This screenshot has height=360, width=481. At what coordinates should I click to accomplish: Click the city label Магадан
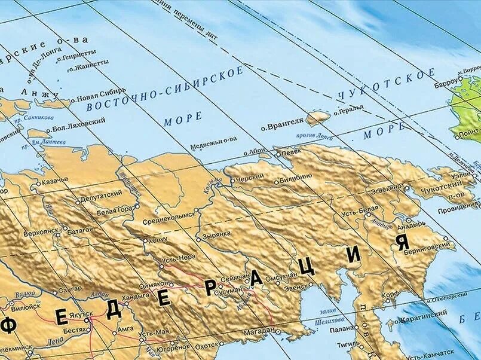[258, 330]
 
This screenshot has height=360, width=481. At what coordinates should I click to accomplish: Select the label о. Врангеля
[281, 127]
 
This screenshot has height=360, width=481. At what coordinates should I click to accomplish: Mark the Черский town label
[249, 178]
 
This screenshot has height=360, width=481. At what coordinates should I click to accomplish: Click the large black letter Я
[402, 242]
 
